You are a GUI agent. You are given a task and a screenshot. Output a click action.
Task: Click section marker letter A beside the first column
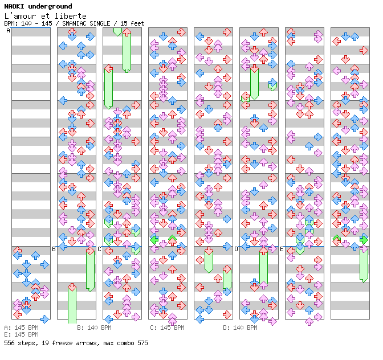(8, 31)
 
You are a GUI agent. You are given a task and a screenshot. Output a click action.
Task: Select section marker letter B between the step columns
(54, 249)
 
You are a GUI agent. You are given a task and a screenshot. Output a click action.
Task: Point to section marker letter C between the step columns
(99, 249)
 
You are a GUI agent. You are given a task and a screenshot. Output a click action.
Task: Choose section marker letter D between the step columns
(236, 249)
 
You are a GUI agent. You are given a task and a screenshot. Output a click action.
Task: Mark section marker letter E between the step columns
(282, 249)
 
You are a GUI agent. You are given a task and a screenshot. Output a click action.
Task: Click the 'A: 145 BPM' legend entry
(21, 328)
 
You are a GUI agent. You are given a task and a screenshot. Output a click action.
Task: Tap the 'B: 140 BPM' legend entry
(94, 328)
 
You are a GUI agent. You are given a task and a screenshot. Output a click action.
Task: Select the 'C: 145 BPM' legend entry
(167, 328)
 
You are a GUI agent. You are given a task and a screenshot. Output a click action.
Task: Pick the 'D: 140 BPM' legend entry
(240, 328)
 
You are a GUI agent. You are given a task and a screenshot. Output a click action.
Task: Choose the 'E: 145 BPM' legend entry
(21, 334)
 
